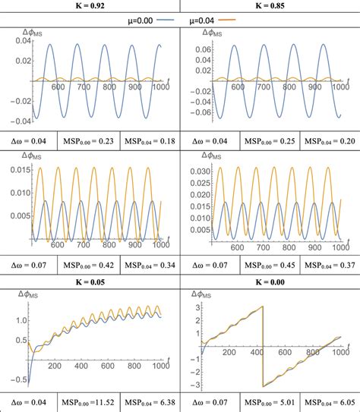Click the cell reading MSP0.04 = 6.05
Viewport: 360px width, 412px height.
[329, 400]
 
